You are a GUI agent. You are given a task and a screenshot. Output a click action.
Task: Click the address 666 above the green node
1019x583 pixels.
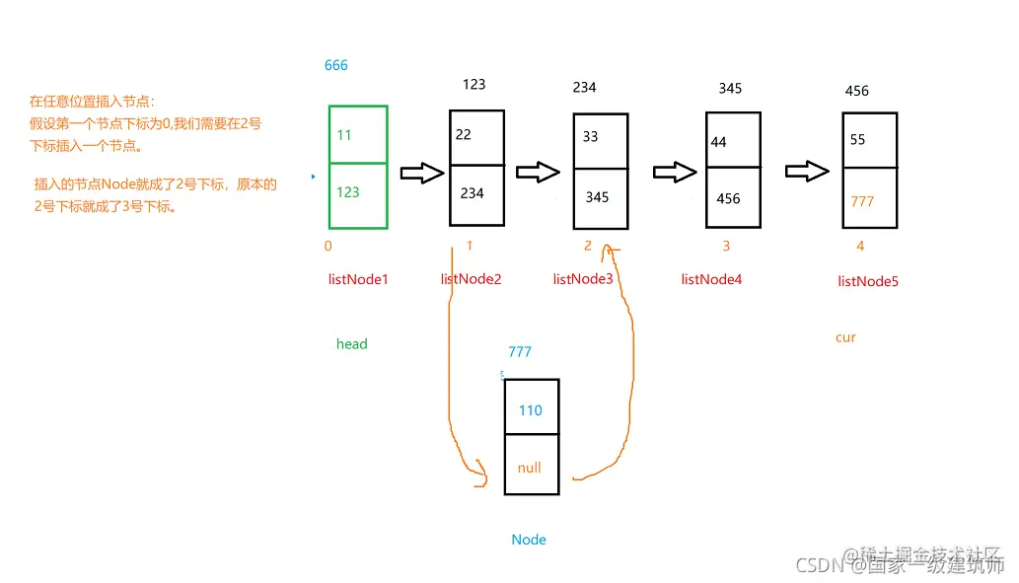point(336,66)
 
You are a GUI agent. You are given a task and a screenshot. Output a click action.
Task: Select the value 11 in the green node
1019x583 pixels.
point(343,134)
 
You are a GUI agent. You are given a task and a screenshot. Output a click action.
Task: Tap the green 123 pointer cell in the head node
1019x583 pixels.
point(348,192)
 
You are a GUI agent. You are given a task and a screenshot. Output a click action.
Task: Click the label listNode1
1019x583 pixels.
point(358,279)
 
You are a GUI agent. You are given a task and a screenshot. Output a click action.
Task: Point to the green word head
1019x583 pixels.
point(351,344)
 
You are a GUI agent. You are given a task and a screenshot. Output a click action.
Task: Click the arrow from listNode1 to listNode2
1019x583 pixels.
point(422,173)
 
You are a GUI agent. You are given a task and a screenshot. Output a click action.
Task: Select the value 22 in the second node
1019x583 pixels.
point(463,135)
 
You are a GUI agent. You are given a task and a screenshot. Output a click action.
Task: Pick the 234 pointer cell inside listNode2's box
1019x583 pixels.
point(473,193)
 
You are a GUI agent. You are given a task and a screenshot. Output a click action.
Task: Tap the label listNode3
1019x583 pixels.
point(583,279)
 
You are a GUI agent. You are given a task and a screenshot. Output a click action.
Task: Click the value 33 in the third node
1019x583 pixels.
point(590,137)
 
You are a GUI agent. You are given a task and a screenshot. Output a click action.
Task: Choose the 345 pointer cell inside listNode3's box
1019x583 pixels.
point(597,197)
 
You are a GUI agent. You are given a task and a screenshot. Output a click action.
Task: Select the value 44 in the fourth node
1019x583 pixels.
point(718,142)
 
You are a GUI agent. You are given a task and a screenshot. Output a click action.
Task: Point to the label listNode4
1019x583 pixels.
point(711,279)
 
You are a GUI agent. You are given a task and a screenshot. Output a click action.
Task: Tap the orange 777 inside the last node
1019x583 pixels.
point(862,201)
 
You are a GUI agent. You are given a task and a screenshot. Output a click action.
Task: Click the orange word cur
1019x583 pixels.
point(845,337)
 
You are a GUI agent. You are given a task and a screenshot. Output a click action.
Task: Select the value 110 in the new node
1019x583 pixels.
point(531,410)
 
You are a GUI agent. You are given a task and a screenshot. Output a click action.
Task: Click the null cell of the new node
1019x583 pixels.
point(530,468)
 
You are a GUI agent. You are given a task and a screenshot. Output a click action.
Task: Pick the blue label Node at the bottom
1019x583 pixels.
point(529,540)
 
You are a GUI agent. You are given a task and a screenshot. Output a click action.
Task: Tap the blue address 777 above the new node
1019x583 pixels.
point(520,352)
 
